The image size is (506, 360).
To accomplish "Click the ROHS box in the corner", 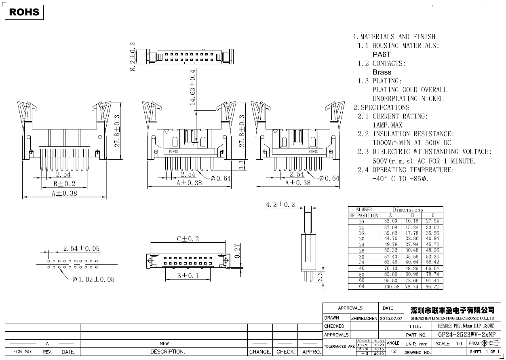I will pyautogui.click(x=24, y=13).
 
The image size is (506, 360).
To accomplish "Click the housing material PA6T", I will pyautogui.click(x=382, y=54).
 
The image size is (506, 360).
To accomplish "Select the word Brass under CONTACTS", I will pyautogui.click(x=382, y=72).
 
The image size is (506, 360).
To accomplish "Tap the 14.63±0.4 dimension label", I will pyautogui.click(x=193, y=87).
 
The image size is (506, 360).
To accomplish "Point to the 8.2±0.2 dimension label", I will pyautogui.click(x=133, y=56).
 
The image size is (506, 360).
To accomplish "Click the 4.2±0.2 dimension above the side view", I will pyautogui.click(x=280, y=205).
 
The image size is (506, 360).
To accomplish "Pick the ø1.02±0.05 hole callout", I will pyautogui.click(x=93, y=280).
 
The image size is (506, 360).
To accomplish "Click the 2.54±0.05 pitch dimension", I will pyautogui.click(x=81, y=248).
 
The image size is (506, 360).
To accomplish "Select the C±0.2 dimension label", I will pyautogui.click(x=188, y=239).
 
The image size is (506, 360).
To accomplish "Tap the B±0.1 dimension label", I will pyautogui.click(x=188, y=275).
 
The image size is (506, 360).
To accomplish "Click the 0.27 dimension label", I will pyautogui.click(x=238, y=250).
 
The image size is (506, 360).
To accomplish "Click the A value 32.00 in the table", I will pyautogui.click(x=390, y=221).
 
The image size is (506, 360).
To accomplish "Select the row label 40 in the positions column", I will pyautogui.click(x=362, y=268).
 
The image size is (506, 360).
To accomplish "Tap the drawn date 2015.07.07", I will pyautogui.click(x=391, y=318).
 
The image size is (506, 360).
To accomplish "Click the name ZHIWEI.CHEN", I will pyautogui.click(x=364, y=318).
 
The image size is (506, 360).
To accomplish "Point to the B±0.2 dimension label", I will pyautogui.click(x=64, y=184).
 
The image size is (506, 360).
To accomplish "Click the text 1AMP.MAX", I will pyautogui.click(x=387, y=125).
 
